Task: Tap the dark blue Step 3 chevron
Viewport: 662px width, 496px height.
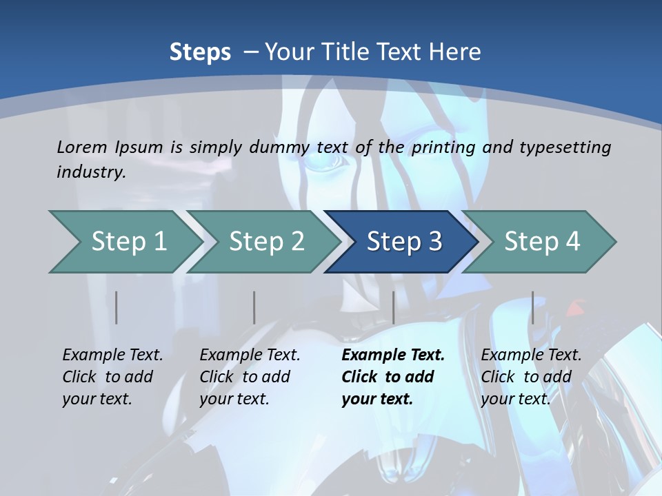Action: pyautogui.click(x=402, y=242)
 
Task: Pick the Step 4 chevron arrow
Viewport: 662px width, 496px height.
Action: pyautogui.click(x=540, y=242)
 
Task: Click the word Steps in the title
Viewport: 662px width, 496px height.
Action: pyautogui.click(x=200, y=52)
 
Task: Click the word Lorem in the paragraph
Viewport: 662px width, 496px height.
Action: pyautogui.click(x=82, y=147)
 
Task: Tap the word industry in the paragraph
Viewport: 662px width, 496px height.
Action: pyautogui.click(x=90, y=172)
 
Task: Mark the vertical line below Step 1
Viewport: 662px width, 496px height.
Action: pyautogui.click(x=117, y=307)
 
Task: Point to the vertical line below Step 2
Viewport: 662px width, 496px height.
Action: pyautogui.click(x=254, y=307)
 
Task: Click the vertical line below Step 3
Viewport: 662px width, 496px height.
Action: pyautogui.click(x=393, y=307)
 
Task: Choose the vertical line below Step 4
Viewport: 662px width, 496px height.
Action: pyautogui.click(x=532, y=307)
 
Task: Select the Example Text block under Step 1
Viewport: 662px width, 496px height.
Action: pyautogui.click(x=112, y=377)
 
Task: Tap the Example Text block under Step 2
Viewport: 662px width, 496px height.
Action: pyautogui.click(x=250, y=377)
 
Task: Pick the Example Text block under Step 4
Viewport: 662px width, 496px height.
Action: pyautogui.click(x=531, y=377)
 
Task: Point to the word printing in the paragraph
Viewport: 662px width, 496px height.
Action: pyautogui.click(x=444, y=147)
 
